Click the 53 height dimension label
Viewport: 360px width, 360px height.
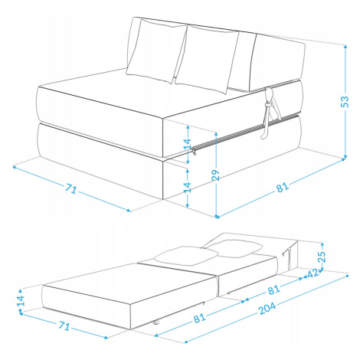(345, 101)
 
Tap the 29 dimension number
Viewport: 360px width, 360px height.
(216, 175)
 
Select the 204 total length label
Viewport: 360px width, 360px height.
(267, 309)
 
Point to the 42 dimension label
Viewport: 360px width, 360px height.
(313, 273)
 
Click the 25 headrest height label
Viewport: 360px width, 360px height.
(322, 257)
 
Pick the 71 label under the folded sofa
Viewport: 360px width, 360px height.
(70, 189)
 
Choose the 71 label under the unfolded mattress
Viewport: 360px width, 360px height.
(64, 326)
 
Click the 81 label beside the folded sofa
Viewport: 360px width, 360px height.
(283, 188)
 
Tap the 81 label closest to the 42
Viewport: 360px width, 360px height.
(273, 290)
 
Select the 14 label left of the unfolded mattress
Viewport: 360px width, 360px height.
(21, 300)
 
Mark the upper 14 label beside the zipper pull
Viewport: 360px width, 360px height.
(188, 144)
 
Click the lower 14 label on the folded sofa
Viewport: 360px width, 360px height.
(188, 187)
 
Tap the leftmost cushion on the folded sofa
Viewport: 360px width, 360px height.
(157, 51)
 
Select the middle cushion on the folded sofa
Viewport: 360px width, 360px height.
(207, 59)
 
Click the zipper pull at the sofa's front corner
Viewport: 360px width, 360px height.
(194, 152)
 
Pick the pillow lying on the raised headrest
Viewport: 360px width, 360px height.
(234, 248)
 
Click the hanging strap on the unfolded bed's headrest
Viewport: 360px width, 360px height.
(288, 257)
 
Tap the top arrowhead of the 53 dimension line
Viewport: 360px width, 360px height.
(345, 47)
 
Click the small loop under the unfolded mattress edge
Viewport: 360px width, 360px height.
(155, 323)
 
